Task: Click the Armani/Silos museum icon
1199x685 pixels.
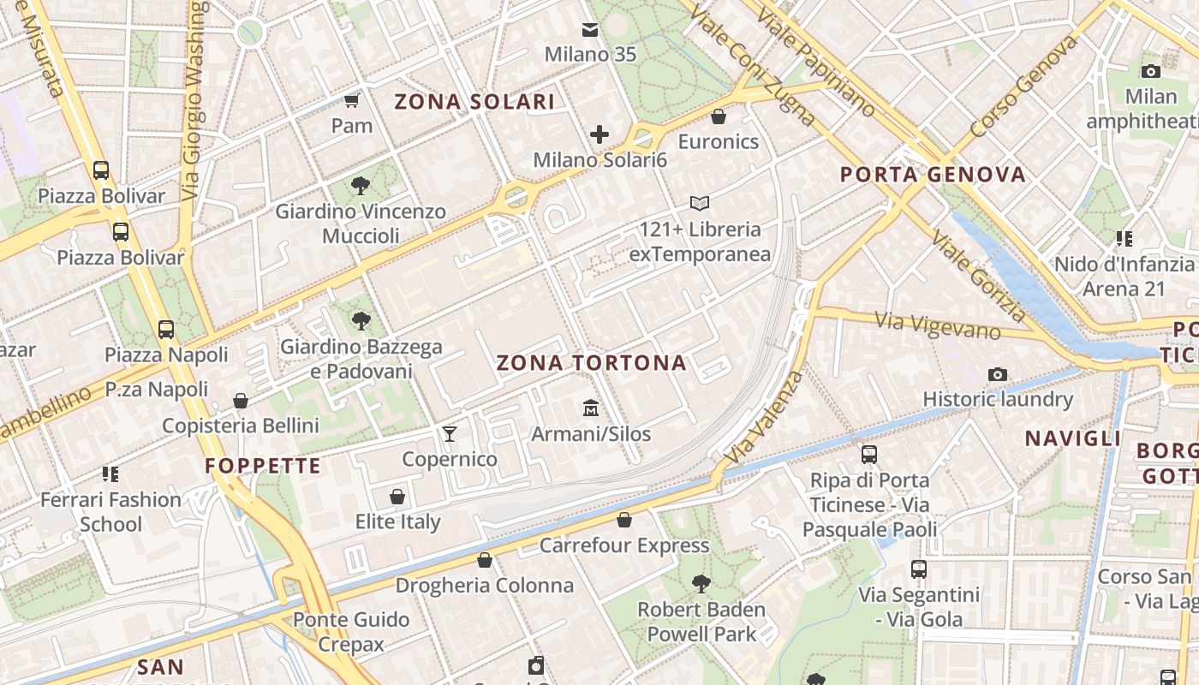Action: coord(590,408)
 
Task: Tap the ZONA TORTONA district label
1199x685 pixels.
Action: coord(592,363)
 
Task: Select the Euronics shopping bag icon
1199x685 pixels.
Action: coord(719,116)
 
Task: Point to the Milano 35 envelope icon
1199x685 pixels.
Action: coord(590,30)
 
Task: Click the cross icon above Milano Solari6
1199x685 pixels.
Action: coord(599,134)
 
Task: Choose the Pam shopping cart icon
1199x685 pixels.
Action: coord(351,99)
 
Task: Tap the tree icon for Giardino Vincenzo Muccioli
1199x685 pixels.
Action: coord(361,185)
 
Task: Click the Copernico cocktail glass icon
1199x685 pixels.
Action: coord(450,433)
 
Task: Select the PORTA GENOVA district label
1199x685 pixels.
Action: coord(933,175)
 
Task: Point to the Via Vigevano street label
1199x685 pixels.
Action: coord(937,325)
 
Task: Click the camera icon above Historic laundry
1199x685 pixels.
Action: coord(998,374)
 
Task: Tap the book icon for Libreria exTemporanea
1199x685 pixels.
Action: coord(700,203)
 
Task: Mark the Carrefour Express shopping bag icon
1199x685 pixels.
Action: coord(624,520)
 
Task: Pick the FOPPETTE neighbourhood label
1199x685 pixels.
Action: coord(263,467)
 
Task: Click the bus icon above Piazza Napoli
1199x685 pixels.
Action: coord(166,329)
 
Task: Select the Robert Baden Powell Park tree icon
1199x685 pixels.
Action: coord(701,584)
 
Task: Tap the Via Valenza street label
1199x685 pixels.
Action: coord(765,418)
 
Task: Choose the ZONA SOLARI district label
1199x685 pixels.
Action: coord(474,102)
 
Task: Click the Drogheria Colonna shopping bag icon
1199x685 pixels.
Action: coord(485,560)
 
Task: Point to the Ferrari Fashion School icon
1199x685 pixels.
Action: coord(110,474)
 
